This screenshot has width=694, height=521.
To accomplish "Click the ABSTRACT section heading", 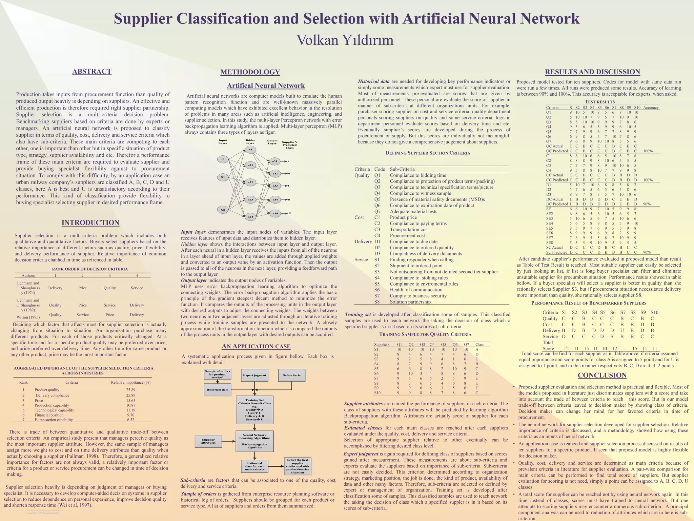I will (x=92, y=72).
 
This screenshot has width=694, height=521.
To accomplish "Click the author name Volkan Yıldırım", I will (x=345, y=40).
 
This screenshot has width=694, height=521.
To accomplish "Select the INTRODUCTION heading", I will (x=90, y=223).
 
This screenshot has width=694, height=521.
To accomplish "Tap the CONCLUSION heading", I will (x=602, y=375).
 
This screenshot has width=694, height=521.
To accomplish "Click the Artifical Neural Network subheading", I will (x=266, y=86).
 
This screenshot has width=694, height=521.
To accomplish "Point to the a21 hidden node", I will (x=250, y=165).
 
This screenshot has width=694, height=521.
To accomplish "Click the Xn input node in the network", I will (x=223, y=210).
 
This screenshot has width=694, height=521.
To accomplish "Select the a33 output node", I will (x=275, y=186).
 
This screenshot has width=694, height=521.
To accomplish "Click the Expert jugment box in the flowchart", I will (x=254, y=375).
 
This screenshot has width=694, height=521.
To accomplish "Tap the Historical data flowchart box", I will (x=218, y=390).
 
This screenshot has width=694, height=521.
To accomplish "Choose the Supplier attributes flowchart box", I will (x=208, y=441).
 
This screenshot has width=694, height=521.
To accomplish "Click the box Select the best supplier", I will (x=298, y=466).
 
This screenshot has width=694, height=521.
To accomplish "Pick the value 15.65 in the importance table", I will (x=130, y=401).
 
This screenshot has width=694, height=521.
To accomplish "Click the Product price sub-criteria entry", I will (x=403, y=217).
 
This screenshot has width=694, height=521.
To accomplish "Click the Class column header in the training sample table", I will (x=480, y=344).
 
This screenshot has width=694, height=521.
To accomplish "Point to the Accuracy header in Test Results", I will (x=651, y=108).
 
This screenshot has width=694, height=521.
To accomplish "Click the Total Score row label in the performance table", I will (x=548, y=346).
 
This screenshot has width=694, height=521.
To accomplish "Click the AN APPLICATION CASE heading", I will (x=256, y=346).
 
